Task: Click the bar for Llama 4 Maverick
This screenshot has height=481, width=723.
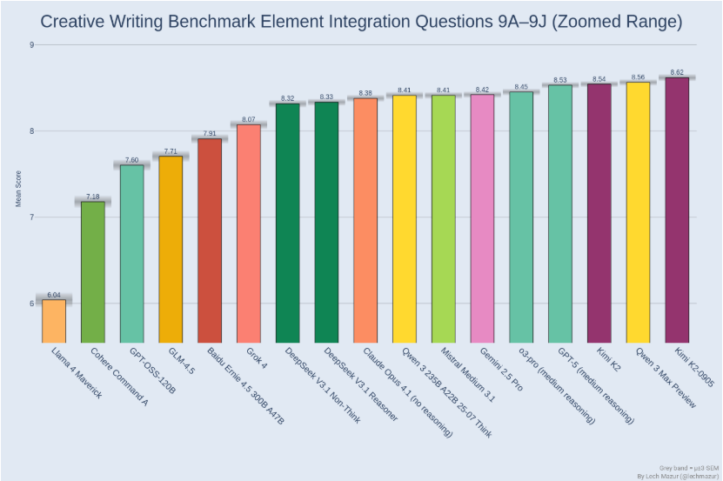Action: (x=54, y=321)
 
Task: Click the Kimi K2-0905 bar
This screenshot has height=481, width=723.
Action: (x=677, y=210)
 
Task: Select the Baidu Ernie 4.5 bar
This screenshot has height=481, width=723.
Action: (x=210, y=240)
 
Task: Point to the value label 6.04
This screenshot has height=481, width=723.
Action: (x=54, y=295)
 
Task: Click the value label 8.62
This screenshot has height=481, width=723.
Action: (x=677, y=72)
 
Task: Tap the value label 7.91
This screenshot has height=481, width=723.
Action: (x=210, y=133)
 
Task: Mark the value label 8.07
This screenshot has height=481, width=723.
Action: (x=249, y=119)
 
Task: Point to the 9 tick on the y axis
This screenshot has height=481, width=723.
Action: (x=31, y=44)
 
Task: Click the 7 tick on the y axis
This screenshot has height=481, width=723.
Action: (x=31, y=217)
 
